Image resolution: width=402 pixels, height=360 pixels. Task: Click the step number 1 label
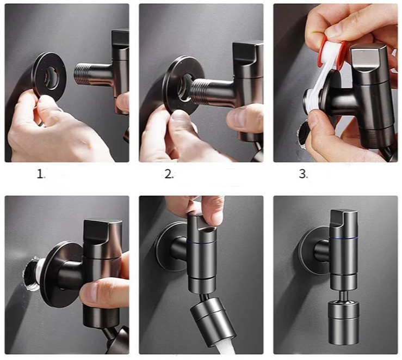(41, 174)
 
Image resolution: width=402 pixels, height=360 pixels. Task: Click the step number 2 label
(169, 174)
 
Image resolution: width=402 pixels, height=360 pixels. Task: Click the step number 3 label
(304, 174)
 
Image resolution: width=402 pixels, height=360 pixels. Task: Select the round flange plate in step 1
(49, 75)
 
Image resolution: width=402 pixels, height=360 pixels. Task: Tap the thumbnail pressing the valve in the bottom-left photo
(88, 292)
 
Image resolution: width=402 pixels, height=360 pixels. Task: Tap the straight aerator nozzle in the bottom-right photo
(344, 322)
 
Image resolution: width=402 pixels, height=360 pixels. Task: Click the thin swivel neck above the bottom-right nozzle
(343, 296)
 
